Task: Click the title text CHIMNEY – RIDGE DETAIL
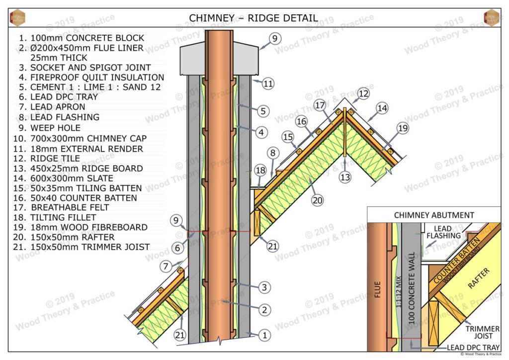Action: point(253,18)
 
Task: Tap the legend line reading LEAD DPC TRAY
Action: point(58,97)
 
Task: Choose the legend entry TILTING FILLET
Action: point(57,217)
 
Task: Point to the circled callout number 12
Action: point(363,93)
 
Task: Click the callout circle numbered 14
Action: point(381,108)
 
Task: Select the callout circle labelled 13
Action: point(344,176)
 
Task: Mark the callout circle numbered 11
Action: point(268,84)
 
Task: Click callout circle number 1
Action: point(265,336)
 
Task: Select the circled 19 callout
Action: point(401,129)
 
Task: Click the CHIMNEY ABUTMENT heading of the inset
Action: point(434,215)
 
